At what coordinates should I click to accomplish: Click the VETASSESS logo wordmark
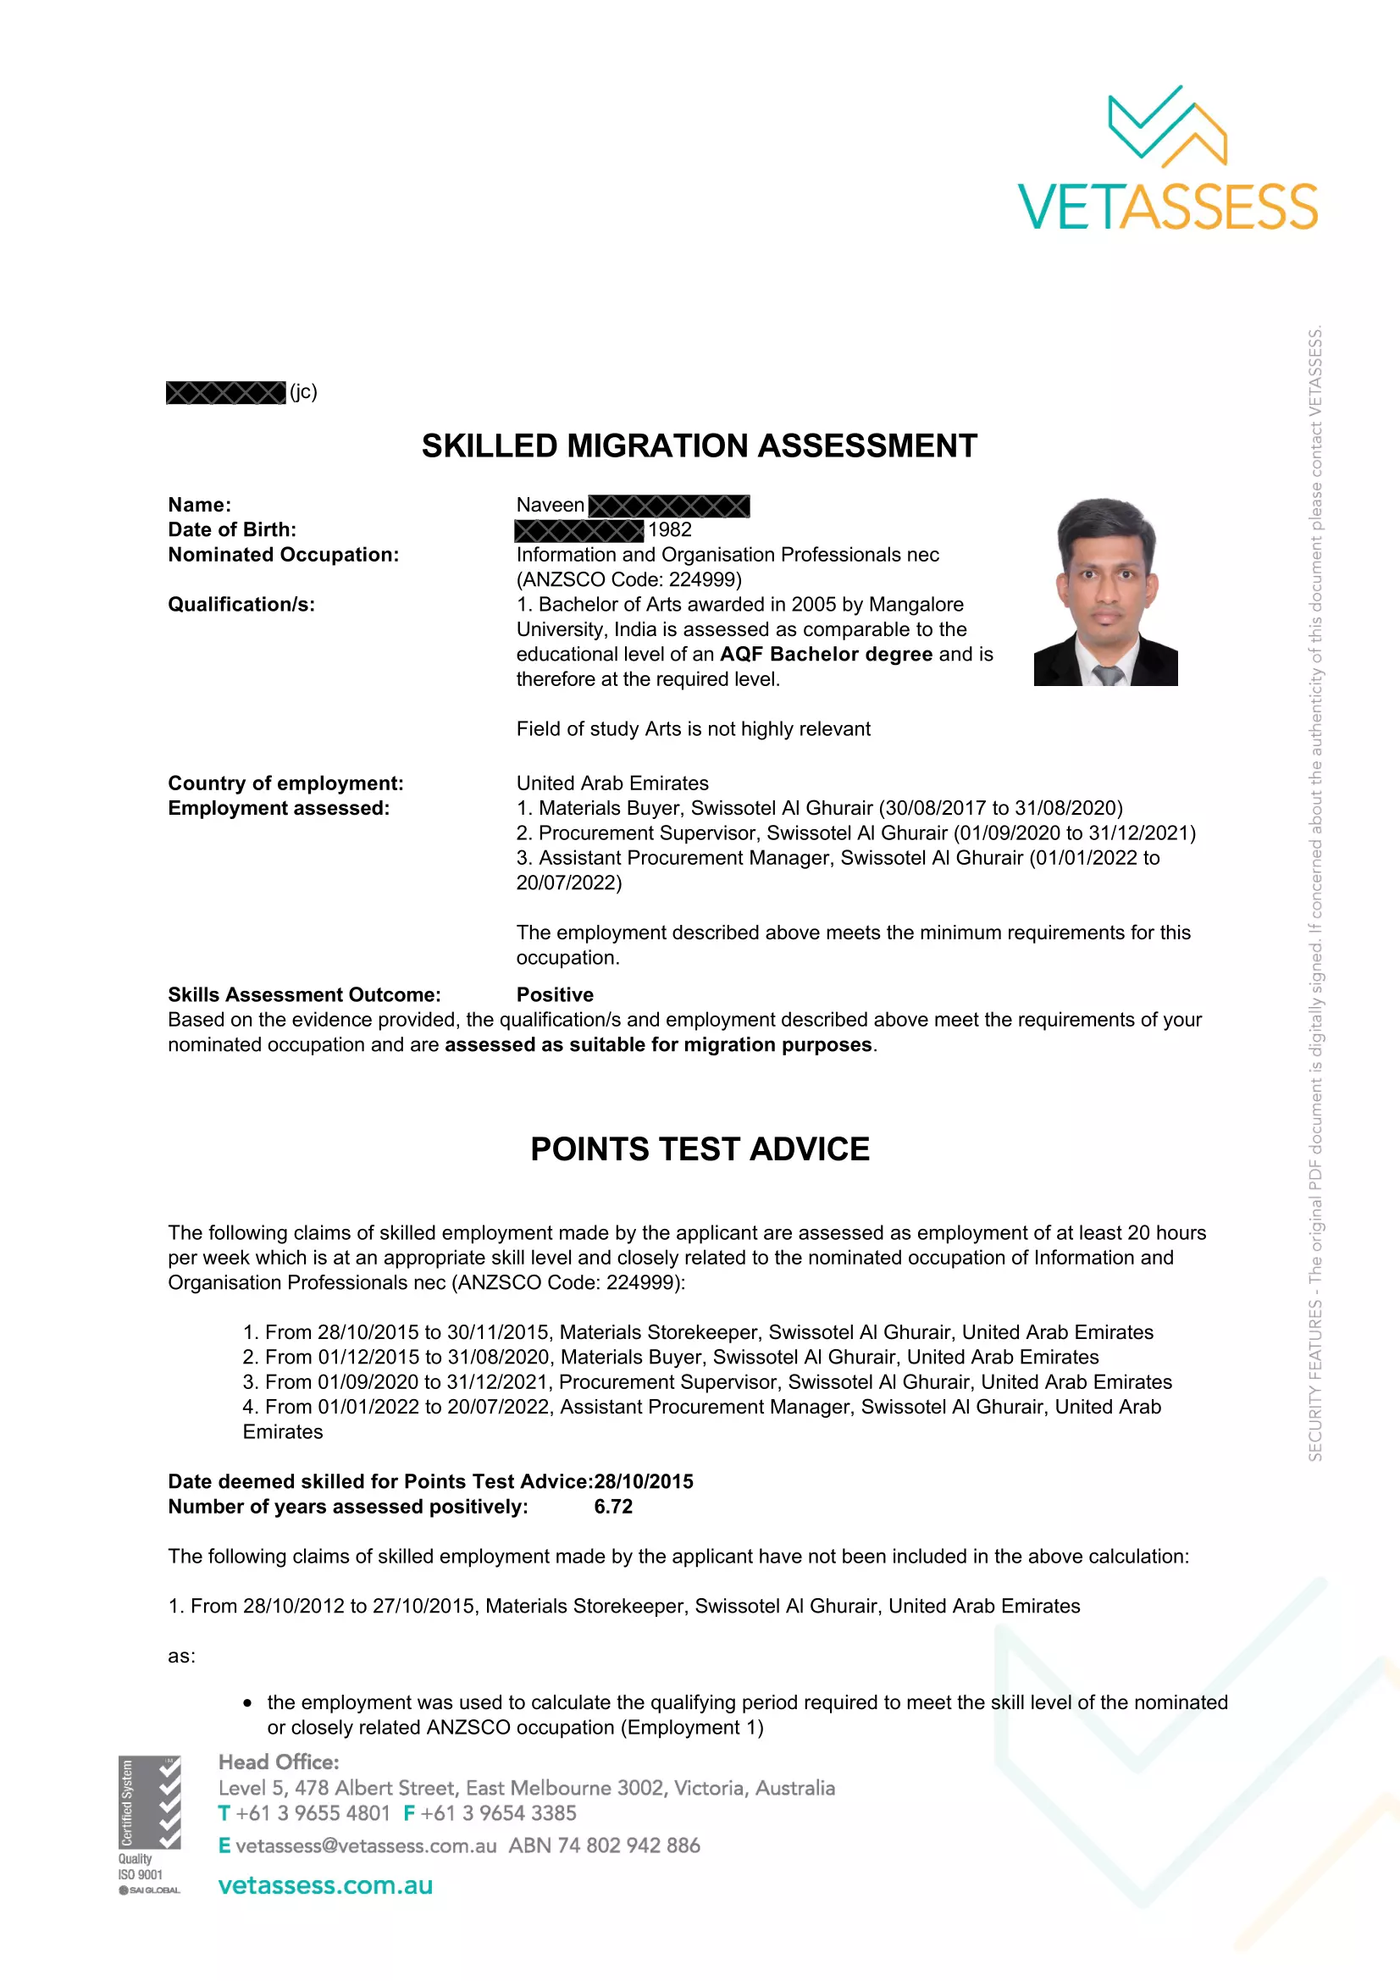click(x=1167, y=207)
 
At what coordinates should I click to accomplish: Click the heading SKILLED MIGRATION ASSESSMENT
click(x=699, y=446)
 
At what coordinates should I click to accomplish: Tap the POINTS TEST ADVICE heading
click(x=700, y=1148)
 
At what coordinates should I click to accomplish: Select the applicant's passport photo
click(x=1105, y=592)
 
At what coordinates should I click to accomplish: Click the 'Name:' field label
click(x=199, y=505)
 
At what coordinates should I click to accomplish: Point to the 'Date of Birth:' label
click(x=232, y=529)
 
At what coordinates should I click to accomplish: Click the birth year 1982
click(x=670, y=529)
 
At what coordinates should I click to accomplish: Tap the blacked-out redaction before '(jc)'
click(x=225, y=393)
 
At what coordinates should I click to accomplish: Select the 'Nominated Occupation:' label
click(x=283, y=555)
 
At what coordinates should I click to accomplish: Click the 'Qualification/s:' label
click(x=241, y=604)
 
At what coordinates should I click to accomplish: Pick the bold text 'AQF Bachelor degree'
click(x=826, y=654)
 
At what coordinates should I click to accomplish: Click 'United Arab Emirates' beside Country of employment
click(x=611, y=783)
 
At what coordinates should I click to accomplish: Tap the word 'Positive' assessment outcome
click(x=555, y=994)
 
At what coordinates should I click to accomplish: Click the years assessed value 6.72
click(x=613, y=1507)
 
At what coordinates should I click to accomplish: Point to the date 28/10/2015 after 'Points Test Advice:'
click(x=644, y=1481)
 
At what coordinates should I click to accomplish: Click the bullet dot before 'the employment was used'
click(x=248, y=1703)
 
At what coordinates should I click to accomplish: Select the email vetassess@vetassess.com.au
click(x=366, y=1845)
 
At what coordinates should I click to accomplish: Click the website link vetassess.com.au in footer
click(x=325, y=1885)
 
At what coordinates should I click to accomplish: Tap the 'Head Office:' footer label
click(x=279, y=1762)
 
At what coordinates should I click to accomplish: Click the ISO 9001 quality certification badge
click(x=149, y=1824)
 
